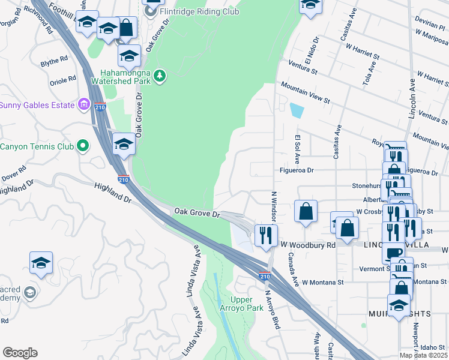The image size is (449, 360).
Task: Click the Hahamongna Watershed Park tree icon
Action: click(x=159, y=76)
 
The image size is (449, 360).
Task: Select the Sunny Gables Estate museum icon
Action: click(x=85, y=106)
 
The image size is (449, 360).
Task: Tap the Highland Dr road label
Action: click(x=112, y=193)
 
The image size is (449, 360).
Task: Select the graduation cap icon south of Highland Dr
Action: click(x=41, y=262)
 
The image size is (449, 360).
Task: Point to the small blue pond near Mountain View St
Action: click(x=296, y=110)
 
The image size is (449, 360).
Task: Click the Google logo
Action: click(x=20, y=353)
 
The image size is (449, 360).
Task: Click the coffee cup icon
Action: click(x=393, y=253)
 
